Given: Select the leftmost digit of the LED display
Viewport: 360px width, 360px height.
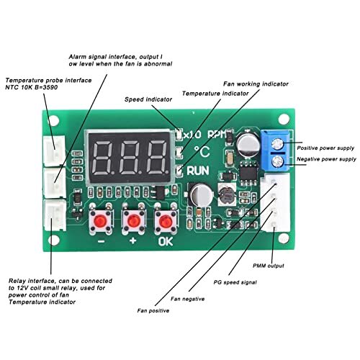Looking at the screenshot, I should coord(104,153).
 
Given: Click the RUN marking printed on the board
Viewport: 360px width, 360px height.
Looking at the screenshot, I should coord(199,171).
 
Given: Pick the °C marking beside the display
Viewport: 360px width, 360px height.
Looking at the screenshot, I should coord(197,153).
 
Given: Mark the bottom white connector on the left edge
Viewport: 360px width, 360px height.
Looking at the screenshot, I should coord(52,213).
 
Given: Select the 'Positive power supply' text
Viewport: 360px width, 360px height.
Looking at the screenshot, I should coord(325,146).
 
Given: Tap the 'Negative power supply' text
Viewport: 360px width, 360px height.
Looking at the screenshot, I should coord(326,158).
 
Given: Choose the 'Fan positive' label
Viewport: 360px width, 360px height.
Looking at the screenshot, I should coord(153,310).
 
